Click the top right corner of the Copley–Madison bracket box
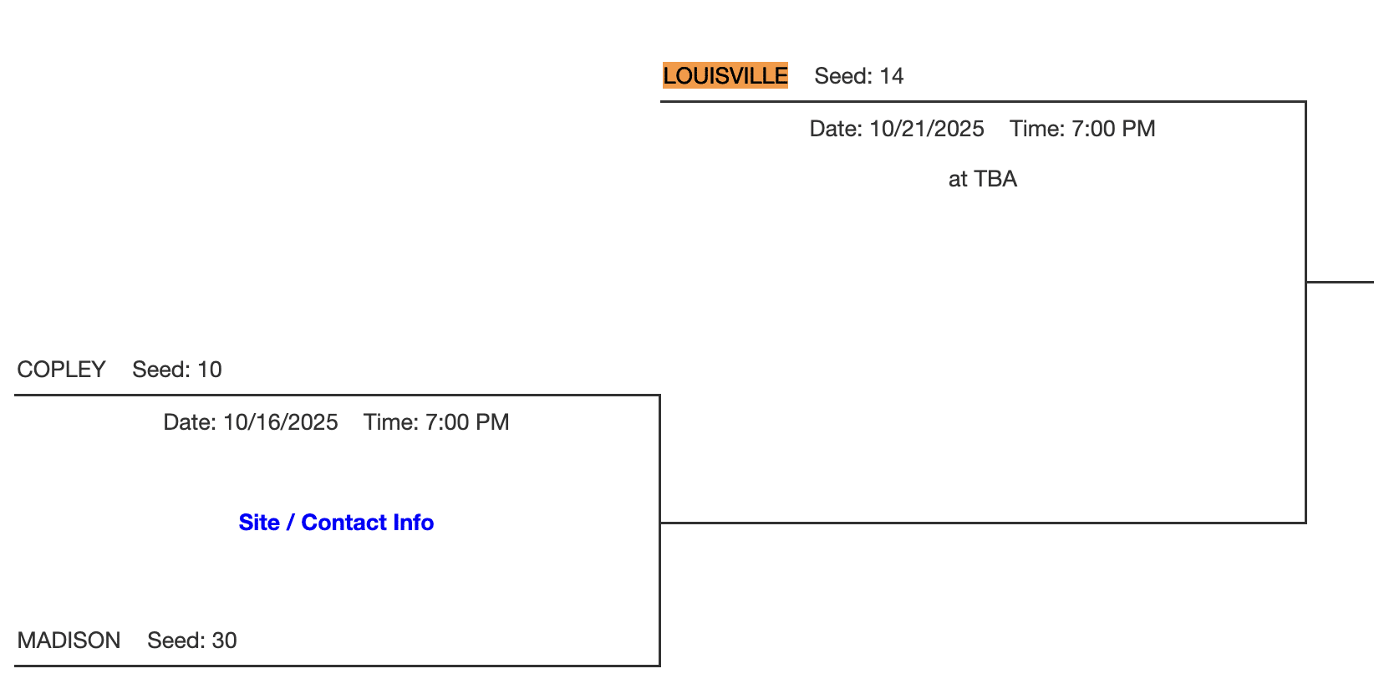[659, 396]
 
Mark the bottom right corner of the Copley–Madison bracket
[659, 665]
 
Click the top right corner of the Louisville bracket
[1306, 102]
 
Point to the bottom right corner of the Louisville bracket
[1306, 523]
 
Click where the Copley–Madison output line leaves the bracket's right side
[660, 523]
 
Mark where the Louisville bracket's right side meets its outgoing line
[1306, 282]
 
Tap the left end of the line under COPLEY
[15, 396]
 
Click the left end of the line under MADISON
[15, 665]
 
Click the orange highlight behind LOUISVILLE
[725, 75]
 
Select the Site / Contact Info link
[336, 522]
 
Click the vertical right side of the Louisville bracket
[1306, 312]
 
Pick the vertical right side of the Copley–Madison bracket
[659, 531]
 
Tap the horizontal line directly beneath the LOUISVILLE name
[983, 102]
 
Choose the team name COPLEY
[61, 370]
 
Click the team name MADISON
[69, 641]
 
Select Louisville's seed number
[891, 76]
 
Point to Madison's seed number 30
[225, 641]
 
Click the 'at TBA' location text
[983, 179]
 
